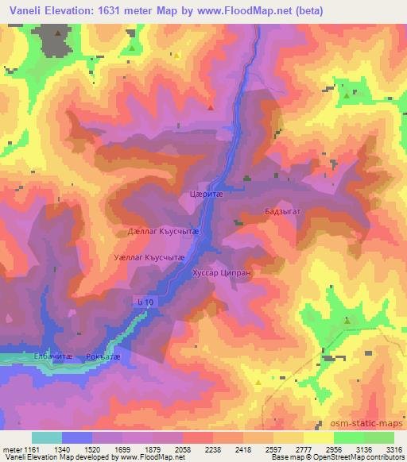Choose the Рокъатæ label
point(104,357)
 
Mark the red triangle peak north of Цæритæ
point(210,106)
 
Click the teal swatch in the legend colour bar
point(46,437)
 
